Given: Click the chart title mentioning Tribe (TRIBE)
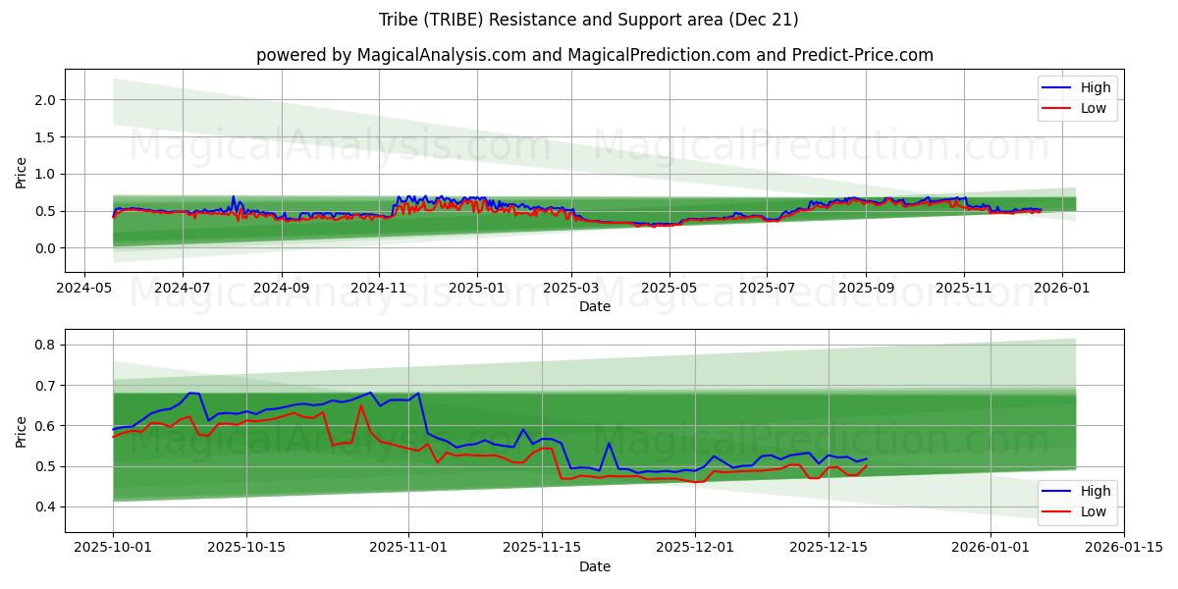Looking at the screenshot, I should click(x=588, y=20).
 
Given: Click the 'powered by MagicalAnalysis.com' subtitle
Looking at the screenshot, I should click(x=594, y=55).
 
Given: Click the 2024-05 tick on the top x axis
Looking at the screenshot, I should click(x=84, y=290).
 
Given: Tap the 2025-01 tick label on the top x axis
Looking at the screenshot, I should click(x=477, y=290).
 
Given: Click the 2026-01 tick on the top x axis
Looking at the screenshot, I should click(x=1061, y=290).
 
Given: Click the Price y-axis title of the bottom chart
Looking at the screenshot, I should click(x=21, y=431).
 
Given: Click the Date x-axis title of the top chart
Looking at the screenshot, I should click(x=594, y=306).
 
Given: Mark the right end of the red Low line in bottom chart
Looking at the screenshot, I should click(x=866, y=466).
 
